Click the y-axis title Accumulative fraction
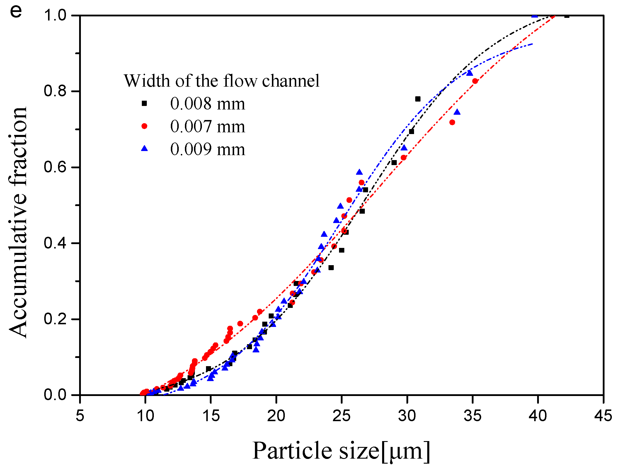point(18,222)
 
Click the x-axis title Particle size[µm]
point(341,451)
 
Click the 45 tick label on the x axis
point(603,416)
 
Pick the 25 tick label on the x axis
point(341,416)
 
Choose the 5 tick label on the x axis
point(80,416)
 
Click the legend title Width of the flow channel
point(222,81)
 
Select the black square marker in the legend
point(144,103)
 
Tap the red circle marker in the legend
point(144,126)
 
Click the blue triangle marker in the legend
point(144,149)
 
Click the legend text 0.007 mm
point(207,126)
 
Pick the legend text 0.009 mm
point(207,149)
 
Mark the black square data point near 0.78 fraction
point(418,99)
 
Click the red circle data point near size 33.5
point(452,122)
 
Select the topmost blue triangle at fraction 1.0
point(534,15)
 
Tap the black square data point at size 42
point(567,16)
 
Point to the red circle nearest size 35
point(475,81)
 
